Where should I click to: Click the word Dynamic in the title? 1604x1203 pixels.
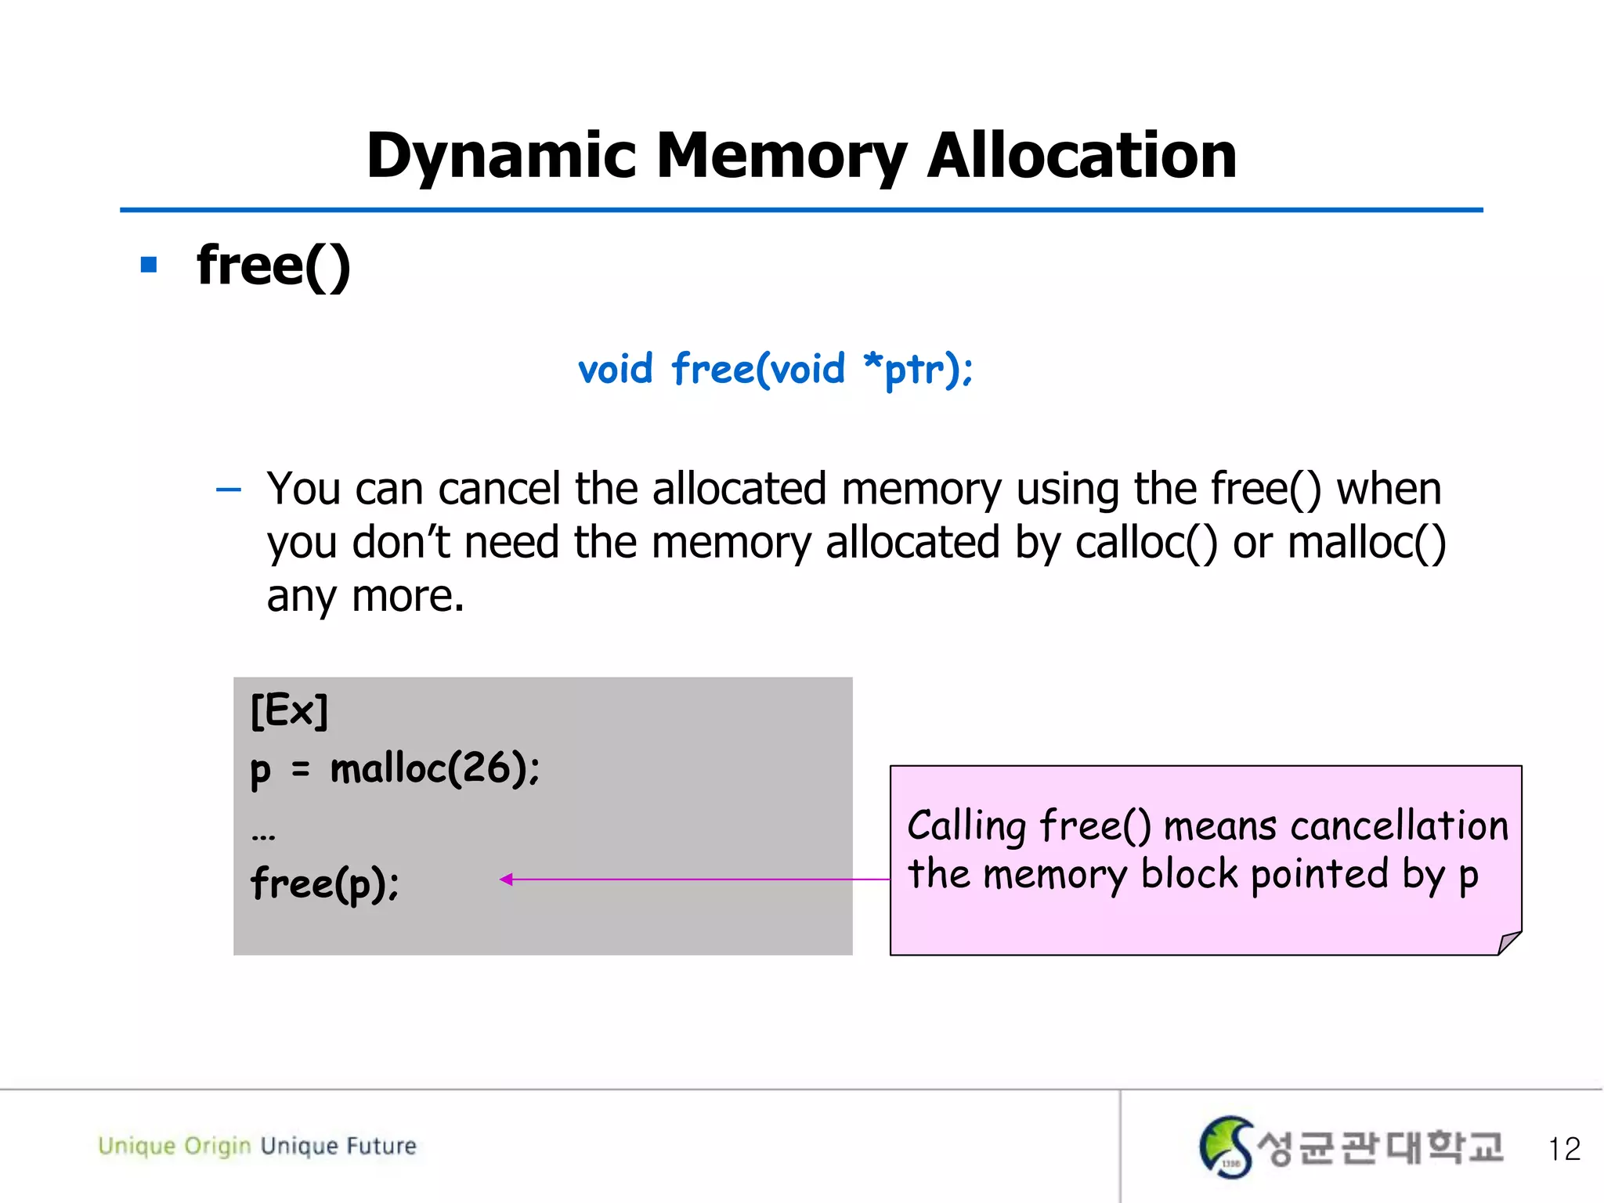click(x=500, y=157)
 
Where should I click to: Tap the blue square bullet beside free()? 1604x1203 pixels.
click(x=149, y=265)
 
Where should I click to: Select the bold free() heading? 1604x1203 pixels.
click(x=273, y=266)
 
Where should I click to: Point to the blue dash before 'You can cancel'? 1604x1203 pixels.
click(x=228, y=491)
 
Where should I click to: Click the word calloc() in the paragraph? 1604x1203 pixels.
click(x=1146, y=542)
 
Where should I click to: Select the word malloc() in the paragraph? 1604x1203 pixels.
click(x=1366, y=542)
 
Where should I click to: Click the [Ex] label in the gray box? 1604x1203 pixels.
click(x=289, y=711)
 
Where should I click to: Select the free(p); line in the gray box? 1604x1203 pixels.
click(x=324, y=883)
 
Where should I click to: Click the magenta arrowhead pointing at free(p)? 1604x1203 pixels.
click(x=506, y=880)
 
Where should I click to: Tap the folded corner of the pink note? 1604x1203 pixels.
click(x=1508, y=942)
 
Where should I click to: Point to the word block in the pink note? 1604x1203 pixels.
click(x=1189, y=874)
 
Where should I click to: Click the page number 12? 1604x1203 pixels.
click(x=1564, y=1149)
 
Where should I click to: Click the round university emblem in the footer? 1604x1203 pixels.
click(x=1226, y=1147)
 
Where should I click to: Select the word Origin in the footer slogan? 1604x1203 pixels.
click(x=217, y=1146)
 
